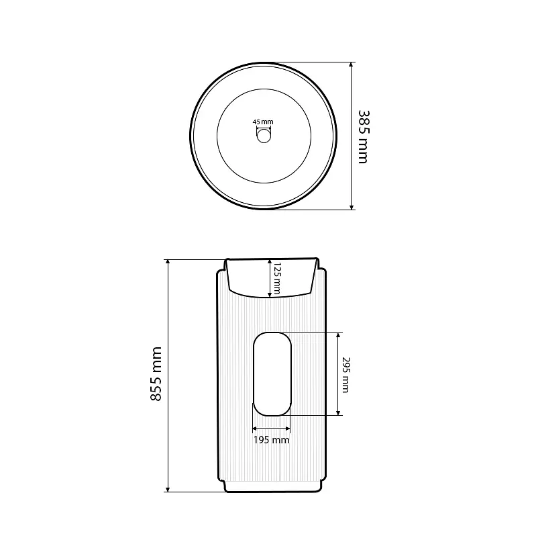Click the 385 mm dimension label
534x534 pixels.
364,137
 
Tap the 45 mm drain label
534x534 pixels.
263,122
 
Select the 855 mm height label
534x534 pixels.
156,373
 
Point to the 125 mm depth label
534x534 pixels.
277,278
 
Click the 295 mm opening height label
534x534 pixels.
345,375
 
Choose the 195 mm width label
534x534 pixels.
272,440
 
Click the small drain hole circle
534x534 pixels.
264,136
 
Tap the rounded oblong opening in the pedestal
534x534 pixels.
272,374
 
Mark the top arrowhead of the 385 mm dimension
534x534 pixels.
352,65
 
